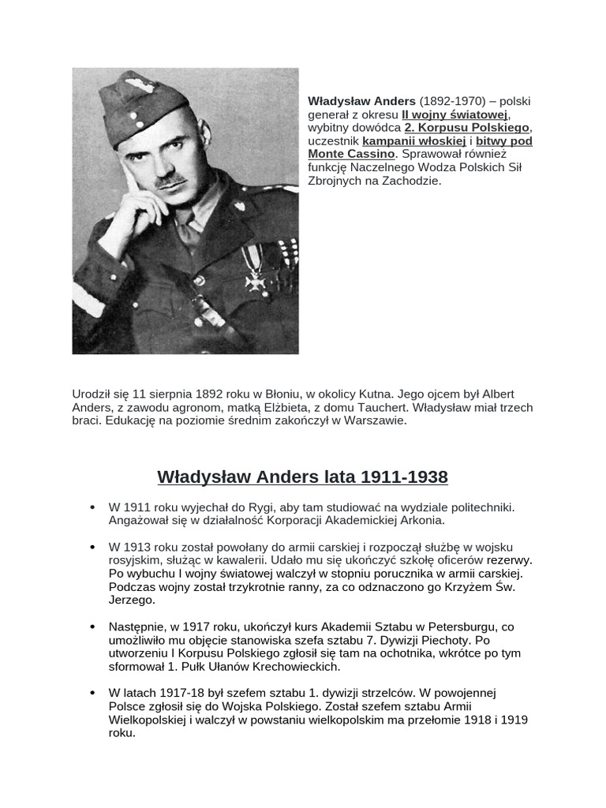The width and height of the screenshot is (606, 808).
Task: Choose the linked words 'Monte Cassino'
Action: [351, 155]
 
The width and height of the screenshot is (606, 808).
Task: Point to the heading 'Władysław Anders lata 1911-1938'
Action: [302, 477]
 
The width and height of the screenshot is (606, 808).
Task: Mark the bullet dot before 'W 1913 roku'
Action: [93, 546]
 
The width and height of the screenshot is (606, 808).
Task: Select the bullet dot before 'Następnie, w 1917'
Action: [93, 627]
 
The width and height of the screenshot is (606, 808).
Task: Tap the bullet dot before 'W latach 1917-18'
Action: [93, 693]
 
